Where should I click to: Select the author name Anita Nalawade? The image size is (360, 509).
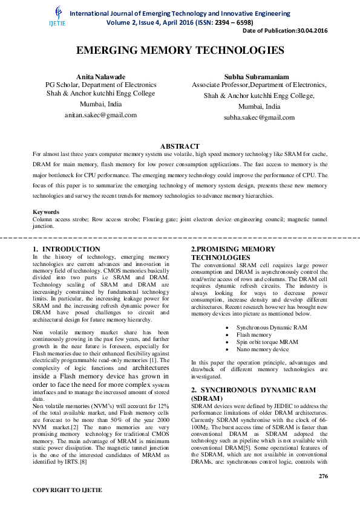[x=101, y=76]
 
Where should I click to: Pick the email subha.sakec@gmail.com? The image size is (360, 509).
[x=259, y=117]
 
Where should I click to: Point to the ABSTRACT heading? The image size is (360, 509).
[x=180, y=146]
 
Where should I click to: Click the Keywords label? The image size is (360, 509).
[x=46, y=212]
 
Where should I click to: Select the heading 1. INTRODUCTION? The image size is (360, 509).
[x=67, y=249]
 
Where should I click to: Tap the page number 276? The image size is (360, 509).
[x=322, y=476]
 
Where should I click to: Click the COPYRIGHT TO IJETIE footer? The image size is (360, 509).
[x=67, y=489]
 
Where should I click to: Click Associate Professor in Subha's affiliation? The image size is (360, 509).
[x=216, y=85]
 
